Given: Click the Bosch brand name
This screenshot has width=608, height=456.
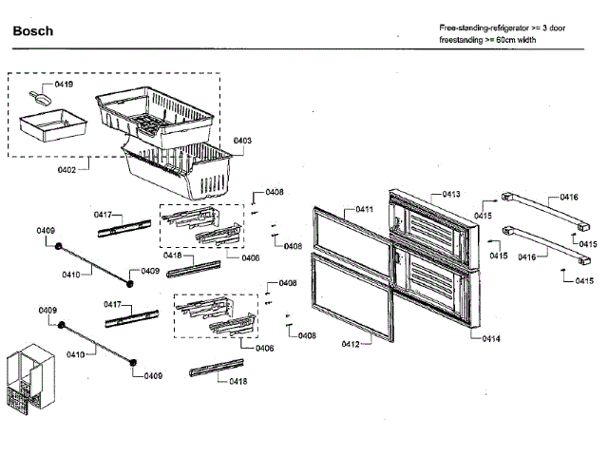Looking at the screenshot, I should click(x=33, y=31).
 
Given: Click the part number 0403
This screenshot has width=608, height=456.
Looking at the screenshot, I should click(x=242, y=141).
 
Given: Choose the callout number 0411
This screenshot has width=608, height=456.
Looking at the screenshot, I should click(x=365, y=209).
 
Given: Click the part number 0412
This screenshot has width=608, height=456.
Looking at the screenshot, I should click(x=351, y=344).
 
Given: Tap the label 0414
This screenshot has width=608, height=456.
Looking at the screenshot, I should click(x=491, y=338).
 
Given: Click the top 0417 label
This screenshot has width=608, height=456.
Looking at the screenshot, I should click(x=104, y=216).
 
